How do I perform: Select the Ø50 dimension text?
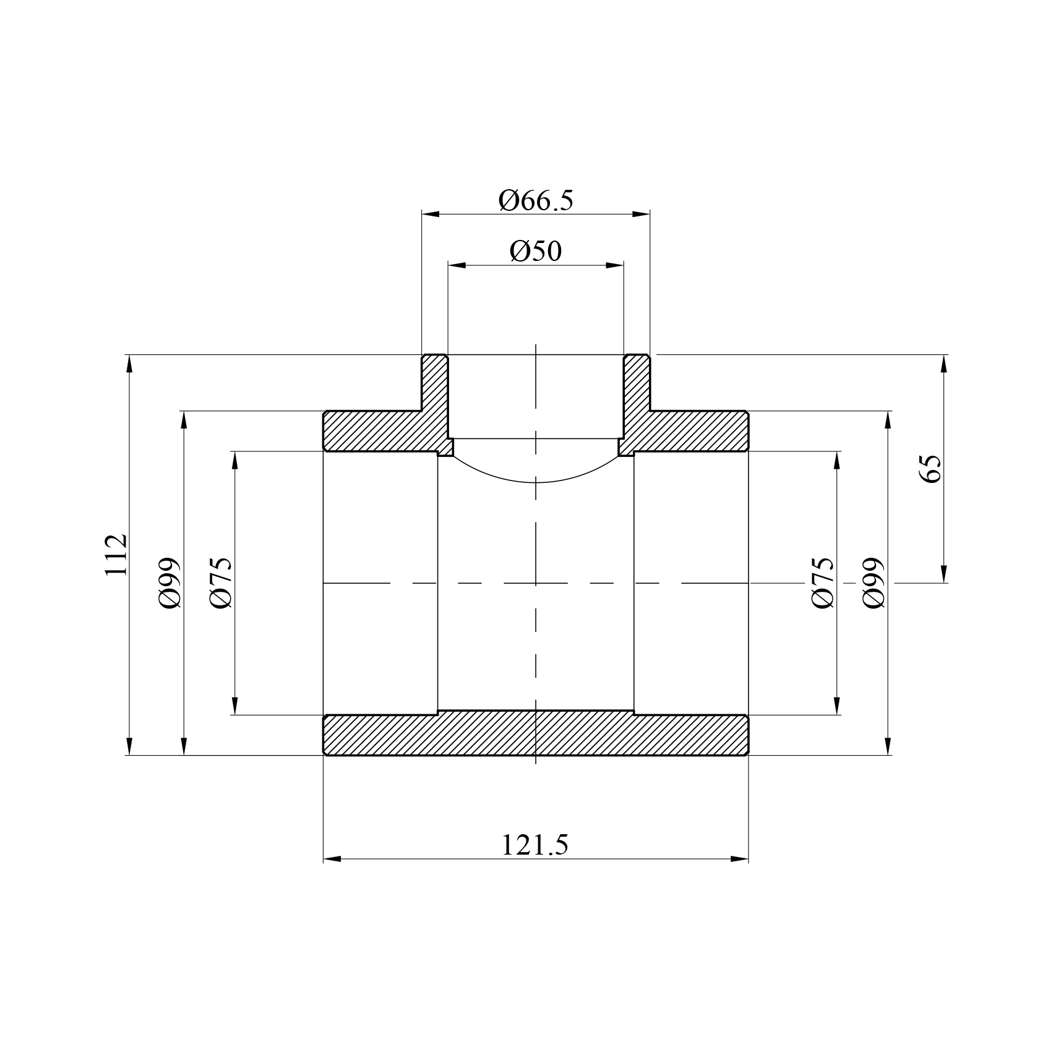click(536, 251)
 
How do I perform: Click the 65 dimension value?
click(930, 469)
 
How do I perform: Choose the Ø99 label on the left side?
click(170, 583)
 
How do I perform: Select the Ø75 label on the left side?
click(221, 583)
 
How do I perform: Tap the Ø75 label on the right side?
click(823, 583)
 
